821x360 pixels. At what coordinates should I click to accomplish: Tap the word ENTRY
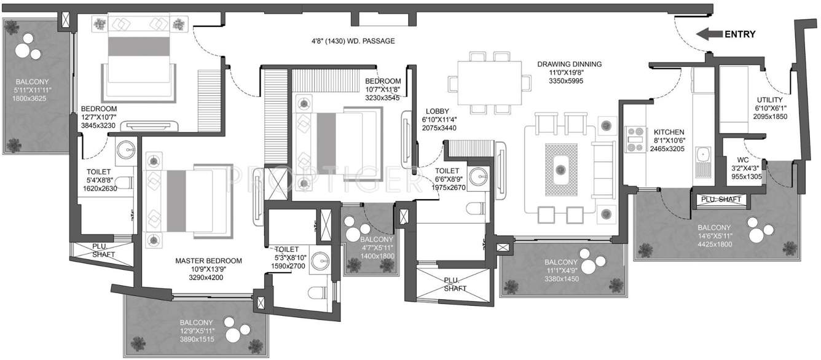pyautogui.click(x=740, y=34)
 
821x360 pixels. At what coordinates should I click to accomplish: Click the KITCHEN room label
pyautogui.click(x=669, y=132)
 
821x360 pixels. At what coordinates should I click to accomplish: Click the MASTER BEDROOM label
pyautogui.click(x=208, y=260)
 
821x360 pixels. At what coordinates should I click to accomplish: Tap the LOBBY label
pyautogui.click(x=435, y=111)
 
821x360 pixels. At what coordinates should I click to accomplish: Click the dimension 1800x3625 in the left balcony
pyautogui.click(x=33, y=98)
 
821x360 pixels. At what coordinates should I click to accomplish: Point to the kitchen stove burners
pyautogui.click(x=633, y=140)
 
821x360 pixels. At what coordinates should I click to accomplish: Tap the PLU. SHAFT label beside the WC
pyautogui.click(x=721, y=200)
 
